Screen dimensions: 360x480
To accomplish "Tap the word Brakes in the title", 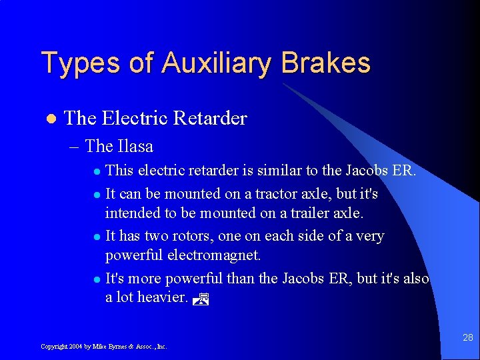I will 326,63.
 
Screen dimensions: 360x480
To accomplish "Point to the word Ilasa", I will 135,146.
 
